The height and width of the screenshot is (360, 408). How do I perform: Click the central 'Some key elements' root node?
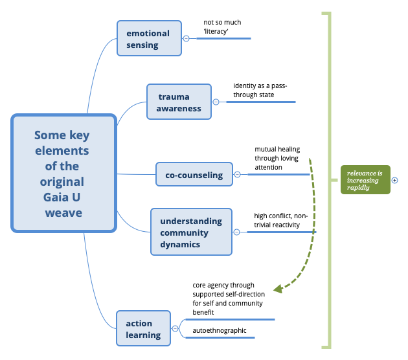coord(63,173)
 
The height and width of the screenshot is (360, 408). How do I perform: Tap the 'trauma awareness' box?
coord(179,102)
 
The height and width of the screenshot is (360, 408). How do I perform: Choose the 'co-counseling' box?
coord(194,174)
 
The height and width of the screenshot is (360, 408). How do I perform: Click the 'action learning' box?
coord(143,328)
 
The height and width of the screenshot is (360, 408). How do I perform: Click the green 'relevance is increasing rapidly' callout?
coord(365,180)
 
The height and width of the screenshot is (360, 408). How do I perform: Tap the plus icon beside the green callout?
coord(394,181)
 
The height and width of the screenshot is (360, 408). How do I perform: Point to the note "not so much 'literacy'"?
coord(222,27)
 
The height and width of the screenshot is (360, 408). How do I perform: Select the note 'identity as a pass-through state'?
coord(260,90)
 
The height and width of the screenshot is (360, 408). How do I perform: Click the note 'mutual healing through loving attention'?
coord(277,158)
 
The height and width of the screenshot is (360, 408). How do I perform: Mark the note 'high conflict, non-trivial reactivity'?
coord(280,220)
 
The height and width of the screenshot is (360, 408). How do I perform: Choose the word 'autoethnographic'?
coord(220,330)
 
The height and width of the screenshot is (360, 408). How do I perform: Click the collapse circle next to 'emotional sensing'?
coord(187,38)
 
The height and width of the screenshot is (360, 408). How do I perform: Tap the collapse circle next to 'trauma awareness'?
coord(216,102)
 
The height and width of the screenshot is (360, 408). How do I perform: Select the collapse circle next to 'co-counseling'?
coord(237,174)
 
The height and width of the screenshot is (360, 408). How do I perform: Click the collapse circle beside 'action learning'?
coord(175,328)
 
